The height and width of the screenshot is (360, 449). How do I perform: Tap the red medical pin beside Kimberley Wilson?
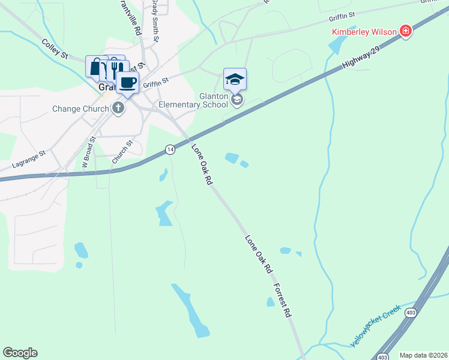[x=406, y=31]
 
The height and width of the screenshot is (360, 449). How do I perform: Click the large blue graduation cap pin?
[x=235, y=79]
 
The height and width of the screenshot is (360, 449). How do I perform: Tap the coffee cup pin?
[x=127, y=83]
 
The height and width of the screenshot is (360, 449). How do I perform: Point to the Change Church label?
[x=80, y=109]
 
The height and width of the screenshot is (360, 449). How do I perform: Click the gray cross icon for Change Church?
[x=118, y=109]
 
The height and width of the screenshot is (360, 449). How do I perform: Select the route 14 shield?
[x=170, y=149]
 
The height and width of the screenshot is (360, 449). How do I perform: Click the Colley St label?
[x=55, y=49]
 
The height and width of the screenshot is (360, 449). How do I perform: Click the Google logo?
[x=20, y=353]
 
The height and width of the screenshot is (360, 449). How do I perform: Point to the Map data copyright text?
[x=423, y=355]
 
